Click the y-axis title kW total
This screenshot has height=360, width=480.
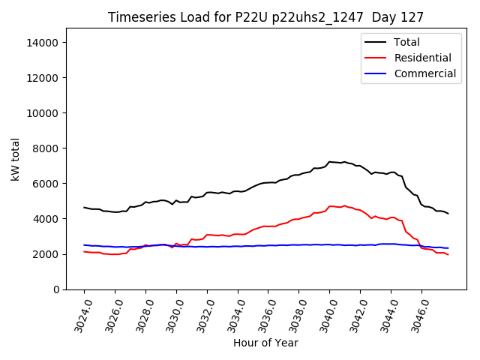(x=15, y=159)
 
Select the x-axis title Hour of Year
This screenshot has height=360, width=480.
(x=265, y=343)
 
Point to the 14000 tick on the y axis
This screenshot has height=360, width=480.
(x=42, y=43)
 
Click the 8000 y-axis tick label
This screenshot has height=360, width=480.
(x=45, y=148)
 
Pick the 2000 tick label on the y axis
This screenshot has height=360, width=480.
(x=45, y=254)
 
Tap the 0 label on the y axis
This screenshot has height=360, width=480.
(x=55, y=289)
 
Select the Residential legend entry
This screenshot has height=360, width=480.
(x=422, y=58)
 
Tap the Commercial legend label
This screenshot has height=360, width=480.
(x=424, y=73)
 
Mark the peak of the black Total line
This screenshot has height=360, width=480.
(x=330, y=161)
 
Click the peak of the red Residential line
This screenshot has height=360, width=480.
(x=344, y=205)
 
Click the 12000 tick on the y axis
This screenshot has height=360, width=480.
(x=42, y=78)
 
